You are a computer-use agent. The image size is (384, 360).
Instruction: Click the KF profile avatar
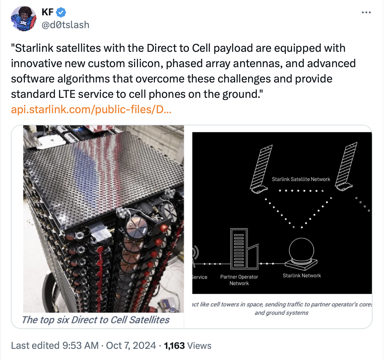tap(23, 19)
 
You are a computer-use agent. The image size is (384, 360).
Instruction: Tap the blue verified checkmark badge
tap(61, 12)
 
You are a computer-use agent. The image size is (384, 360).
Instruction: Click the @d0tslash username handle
tap(65, 25)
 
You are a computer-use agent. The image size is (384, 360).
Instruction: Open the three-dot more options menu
tap(366, 12)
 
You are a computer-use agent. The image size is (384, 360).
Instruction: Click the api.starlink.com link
tap(91, 110)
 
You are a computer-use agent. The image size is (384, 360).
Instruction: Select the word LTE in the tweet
tap(67, 94)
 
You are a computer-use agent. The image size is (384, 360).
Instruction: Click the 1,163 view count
tap(174, 346)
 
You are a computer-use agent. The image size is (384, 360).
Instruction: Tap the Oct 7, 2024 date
tap(131, 346)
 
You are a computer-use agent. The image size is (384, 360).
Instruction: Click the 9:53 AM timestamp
tap(81, 346)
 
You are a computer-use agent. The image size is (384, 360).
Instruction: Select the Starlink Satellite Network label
tap(301, 179)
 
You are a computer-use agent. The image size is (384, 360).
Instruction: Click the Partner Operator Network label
tap(239, 280)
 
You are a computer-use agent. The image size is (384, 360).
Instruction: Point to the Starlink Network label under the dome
tap(302, 276)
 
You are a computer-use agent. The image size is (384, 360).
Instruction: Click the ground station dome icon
tap(301, 254)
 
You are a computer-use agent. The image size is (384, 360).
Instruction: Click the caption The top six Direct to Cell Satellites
tap(96, 320)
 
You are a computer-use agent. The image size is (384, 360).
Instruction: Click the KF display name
tap(47, 12)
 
